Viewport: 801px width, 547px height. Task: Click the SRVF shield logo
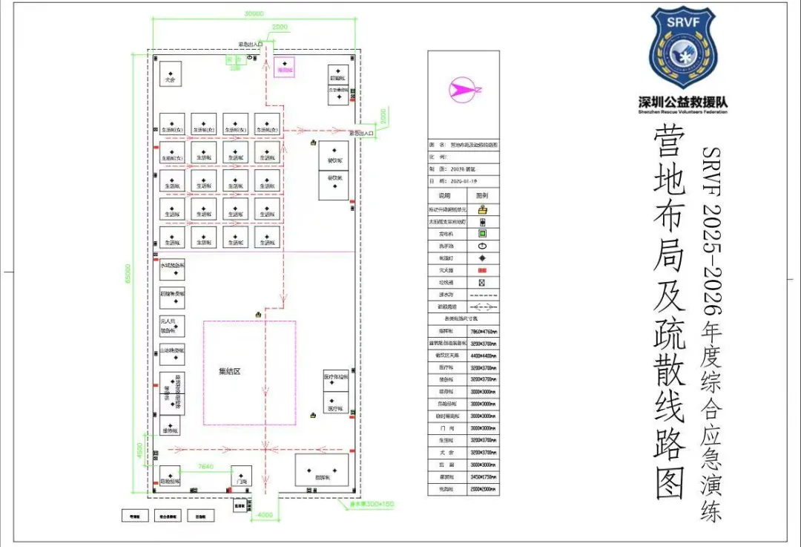pyautogui.click(x=682, y=49)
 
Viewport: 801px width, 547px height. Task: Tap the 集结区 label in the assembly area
pyautogui.click(x=229, y=371)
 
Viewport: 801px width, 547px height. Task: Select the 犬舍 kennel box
pyautogui.click(x=171, y=74)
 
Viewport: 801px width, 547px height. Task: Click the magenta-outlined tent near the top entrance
pyautogui.click(x=284, y=68)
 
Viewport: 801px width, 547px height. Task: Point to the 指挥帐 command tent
pyautogui.click(x=322, y=470)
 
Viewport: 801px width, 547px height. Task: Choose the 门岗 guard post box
pyautogui.click(x=242, y=476)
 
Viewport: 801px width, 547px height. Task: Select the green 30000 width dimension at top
pyautogui.click(x=254, y=13)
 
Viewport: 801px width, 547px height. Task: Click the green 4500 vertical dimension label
pyautogui.click(x=138, y=450)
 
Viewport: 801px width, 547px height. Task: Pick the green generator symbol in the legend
pyautogui.click(x=482, y=233)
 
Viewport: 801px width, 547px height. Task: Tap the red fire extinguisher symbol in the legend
pyautogui.click(x=482, y=270)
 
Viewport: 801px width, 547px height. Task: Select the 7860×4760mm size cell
pyautogui.click(x=483, y=331)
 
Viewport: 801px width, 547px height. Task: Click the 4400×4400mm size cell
pyautogui.click(x=483, y=356)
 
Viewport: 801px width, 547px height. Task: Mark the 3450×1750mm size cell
pyautogui.click(x=483, y=477)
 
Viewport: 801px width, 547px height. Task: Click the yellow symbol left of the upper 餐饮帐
pyautogui.click(x=314, y=143)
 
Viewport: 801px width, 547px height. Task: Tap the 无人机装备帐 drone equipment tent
pyautogui.click(x=171, y=326)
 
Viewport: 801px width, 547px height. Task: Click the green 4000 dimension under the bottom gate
pyautogui.click(x=264, y=514)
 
